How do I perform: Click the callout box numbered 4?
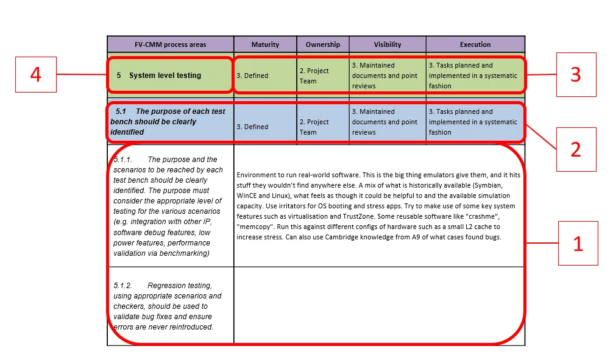(x=36, y=74)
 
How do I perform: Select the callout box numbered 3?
(x=576, y=74)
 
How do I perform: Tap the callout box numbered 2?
(x=576, y=149)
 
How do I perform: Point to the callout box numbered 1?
(x=578, y=244)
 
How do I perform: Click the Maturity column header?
(x=265, y=44)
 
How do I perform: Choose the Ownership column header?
(x=323, y=44)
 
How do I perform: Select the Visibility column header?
(x=388, y=44)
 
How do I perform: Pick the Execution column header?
(x=475, y=44)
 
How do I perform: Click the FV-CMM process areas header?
(x=171, y=44)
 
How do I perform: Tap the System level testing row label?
(x=165, y=76)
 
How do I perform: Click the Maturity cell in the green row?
(x=252, y=76)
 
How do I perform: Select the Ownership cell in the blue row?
(x=314, y=127)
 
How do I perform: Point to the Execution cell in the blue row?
(x=473, y=122)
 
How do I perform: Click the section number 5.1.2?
(x=123, y=286)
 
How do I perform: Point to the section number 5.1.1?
(x=123, y=160)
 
